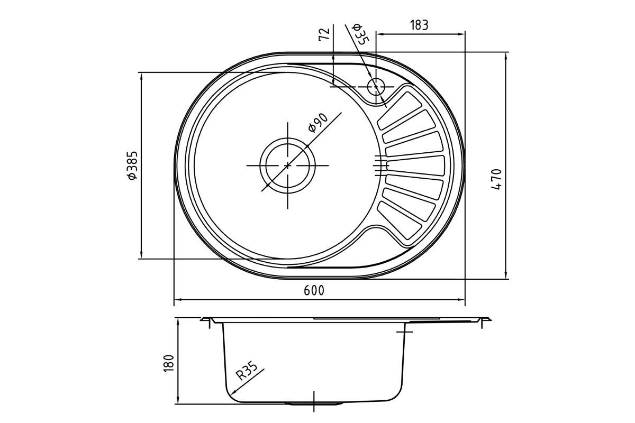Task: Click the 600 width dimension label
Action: point(314,290)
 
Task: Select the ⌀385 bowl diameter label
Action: point(132,165)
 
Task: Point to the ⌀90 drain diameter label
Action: point(318,123)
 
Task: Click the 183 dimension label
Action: point(419,25)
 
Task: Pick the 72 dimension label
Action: point(324,34)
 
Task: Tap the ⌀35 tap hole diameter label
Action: point(360,34)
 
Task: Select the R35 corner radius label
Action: point(247,371)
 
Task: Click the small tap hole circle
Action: point(376,87)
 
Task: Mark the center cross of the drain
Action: point(288,165)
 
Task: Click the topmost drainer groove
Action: point(400,111)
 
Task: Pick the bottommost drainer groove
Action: point(400,220)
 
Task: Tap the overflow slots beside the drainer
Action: point(382,165)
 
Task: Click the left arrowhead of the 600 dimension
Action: point(178,299)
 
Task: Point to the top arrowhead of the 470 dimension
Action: point(506,56)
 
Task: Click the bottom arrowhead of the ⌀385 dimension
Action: point(141,255)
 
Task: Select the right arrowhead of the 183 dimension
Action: point(461,34)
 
